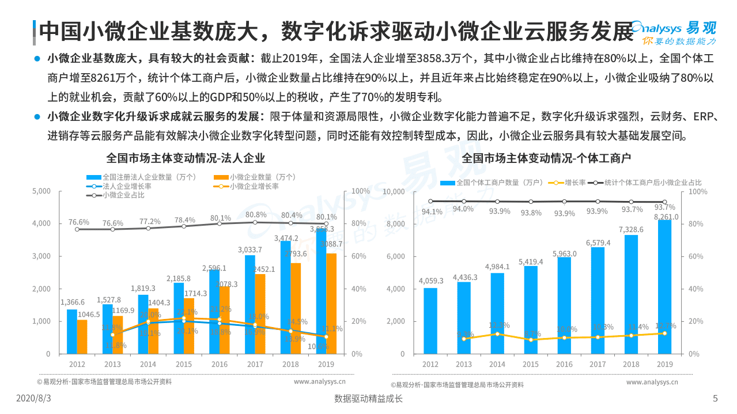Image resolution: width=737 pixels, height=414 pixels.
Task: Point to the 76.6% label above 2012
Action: tap(79, 222)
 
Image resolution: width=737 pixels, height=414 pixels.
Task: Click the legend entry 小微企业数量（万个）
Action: tap(254, 177)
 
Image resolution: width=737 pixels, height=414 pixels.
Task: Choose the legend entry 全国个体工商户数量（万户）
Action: tap(492, 183)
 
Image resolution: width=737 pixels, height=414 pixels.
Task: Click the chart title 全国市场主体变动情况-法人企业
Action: tap(186, 158)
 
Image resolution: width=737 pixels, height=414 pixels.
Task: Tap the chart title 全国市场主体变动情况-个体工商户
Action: tap(546, 158)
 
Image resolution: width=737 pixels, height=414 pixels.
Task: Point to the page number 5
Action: tap(715, 398)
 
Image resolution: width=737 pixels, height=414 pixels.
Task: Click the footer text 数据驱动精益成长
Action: tap(368, 398)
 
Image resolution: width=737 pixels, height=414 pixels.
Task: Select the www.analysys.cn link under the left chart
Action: tap(319, 381)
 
